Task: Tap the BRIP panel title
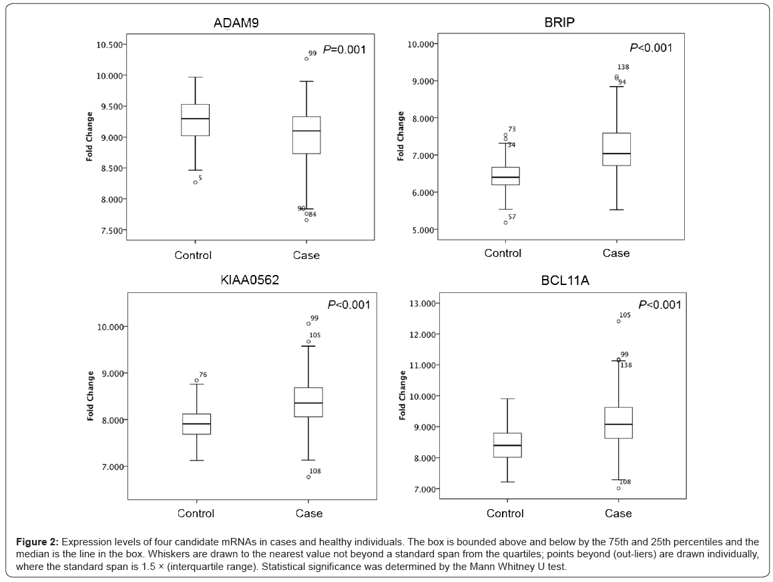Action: [x=559, y=23]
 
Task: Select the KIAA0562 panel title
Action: [x=250, y=280]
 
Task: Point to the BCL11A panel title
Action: [x=565, y=281]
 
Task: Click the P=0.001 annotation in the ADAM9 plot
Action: [x=344, y=49]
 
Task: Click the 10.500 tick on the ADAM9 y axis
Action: [x=110, y=45]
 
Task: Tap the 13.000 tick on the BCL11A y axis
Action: [x=423, y=304]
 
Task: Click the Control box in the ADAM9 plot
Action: [x=195, y=120]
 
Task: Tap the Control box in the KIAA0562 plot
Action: [x=196, y=424]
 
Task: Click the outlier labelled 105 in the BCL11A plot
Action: [x=618, y=321]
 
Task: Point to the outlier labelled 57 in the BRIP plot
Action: [x=505, y=222]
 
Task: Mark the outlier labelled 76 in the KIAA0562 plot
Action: [x=196, y=380]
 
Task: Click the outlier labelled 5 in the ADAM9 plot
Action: [x=195, y=182]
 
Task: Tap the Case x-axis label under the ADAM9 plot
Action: [x=306, y=255]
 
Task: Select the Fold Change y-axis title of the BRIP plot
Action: [x=401, y=136]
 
